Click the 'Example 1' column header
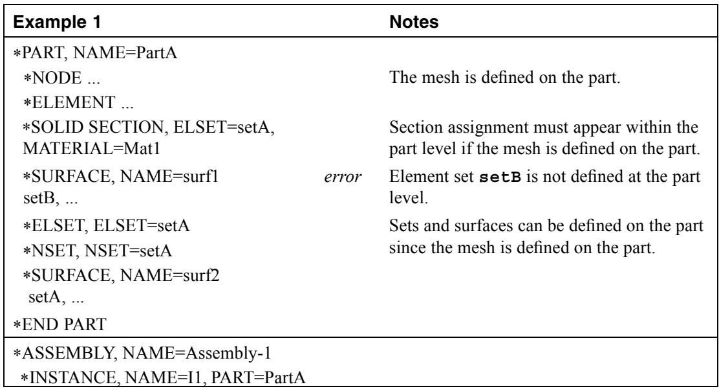pos(57,22)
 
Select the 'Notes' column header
pos(414,22)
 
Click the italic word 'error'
pos(343,177)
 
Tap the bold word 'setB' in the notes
pos(500,177)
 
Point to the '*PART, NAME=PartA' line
pos(95,53)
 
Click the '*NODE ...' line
pos(61,78)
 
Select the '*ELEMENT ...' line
pos(78,102)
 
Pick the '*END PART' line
pos(59,324)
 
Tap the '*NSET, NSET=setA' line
pos(98,251)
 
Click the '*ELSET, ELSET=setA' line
pos(107,226)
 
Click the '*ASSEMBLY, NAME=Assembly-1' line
pos(142,353)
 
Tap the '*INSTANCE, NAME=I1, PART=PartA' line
pos(163,377)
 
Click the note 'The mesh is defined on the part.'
pos(504,78)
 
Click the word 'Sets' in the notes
pos(404,226)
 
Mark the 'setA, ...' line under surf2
pos(56,298)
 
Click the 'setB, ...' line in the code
pos(50,199)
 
